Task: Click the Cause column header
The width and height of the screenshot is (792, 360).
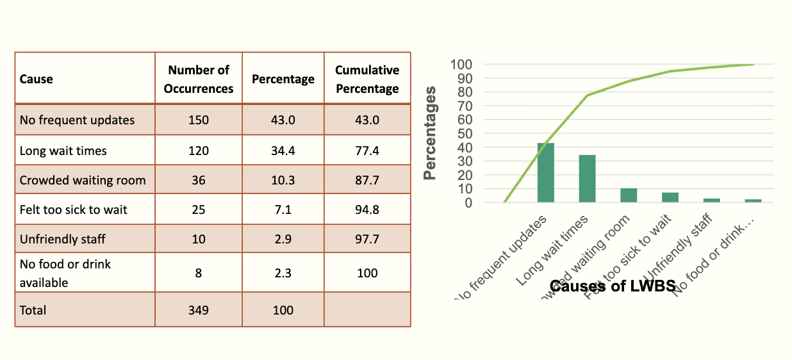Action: pyautogui.click(x=37, y=79)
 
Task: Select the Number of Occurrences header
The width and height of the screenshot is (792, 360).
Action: pyautogui.click(x=198, y=79)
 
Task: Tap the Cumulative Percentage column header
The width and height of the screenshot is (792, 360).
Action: pyautogui.click(x=367, y=79)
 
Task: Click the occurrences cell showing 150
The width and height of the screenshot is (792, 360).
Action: pyautogui.click(x=198, y=120)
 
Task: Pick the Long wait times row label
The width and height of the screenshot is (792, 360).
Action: pyautogui.click(x=63, y=151)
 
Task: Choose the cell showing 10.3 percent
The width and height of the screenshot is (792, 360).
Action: pyautogui.click(x=283, y=180)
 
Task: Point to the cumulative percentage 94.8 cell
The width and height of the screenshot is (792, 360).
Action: pyautogui.click(x=367, y=209)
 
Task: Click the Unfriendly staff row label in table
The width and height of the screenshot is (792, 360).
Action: pyautogui.click(x=63, y=239)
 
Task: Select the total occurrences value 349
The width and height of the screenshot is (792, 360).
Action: pyautogui.click(x=198, y=310)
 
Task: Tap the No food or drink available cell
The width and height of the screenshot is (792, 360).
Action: pyautogui.click(x=65, y=273)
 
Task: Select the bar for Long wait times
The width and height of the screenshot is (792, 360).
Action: pyautogui.click(x=587, y=179)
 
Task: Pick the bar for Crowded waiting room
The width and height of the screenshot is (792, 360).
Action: pyautogui.click(x=629, y=195)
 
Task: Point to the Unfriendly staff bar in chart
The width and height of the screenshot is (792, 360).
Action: pyautogui.click(x=711, y=200)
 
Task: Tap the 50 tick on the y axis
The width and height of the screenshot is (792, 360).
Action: pyautogui.click(x=465, y=133)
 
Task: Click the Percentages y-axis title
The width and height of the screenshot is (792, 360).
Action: pyautogui.click(x=431, y=133)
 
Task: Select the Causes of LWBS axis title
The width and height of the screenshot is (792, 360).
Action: pyautogui.click(x=613, y=286)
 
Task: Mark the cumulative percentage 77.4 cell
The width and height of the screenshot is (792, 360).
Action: pyautogui.click(x=367, y=151)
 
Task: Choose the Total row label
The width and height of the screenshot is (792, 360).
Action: pyautogui.click(x=33, y=310)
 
